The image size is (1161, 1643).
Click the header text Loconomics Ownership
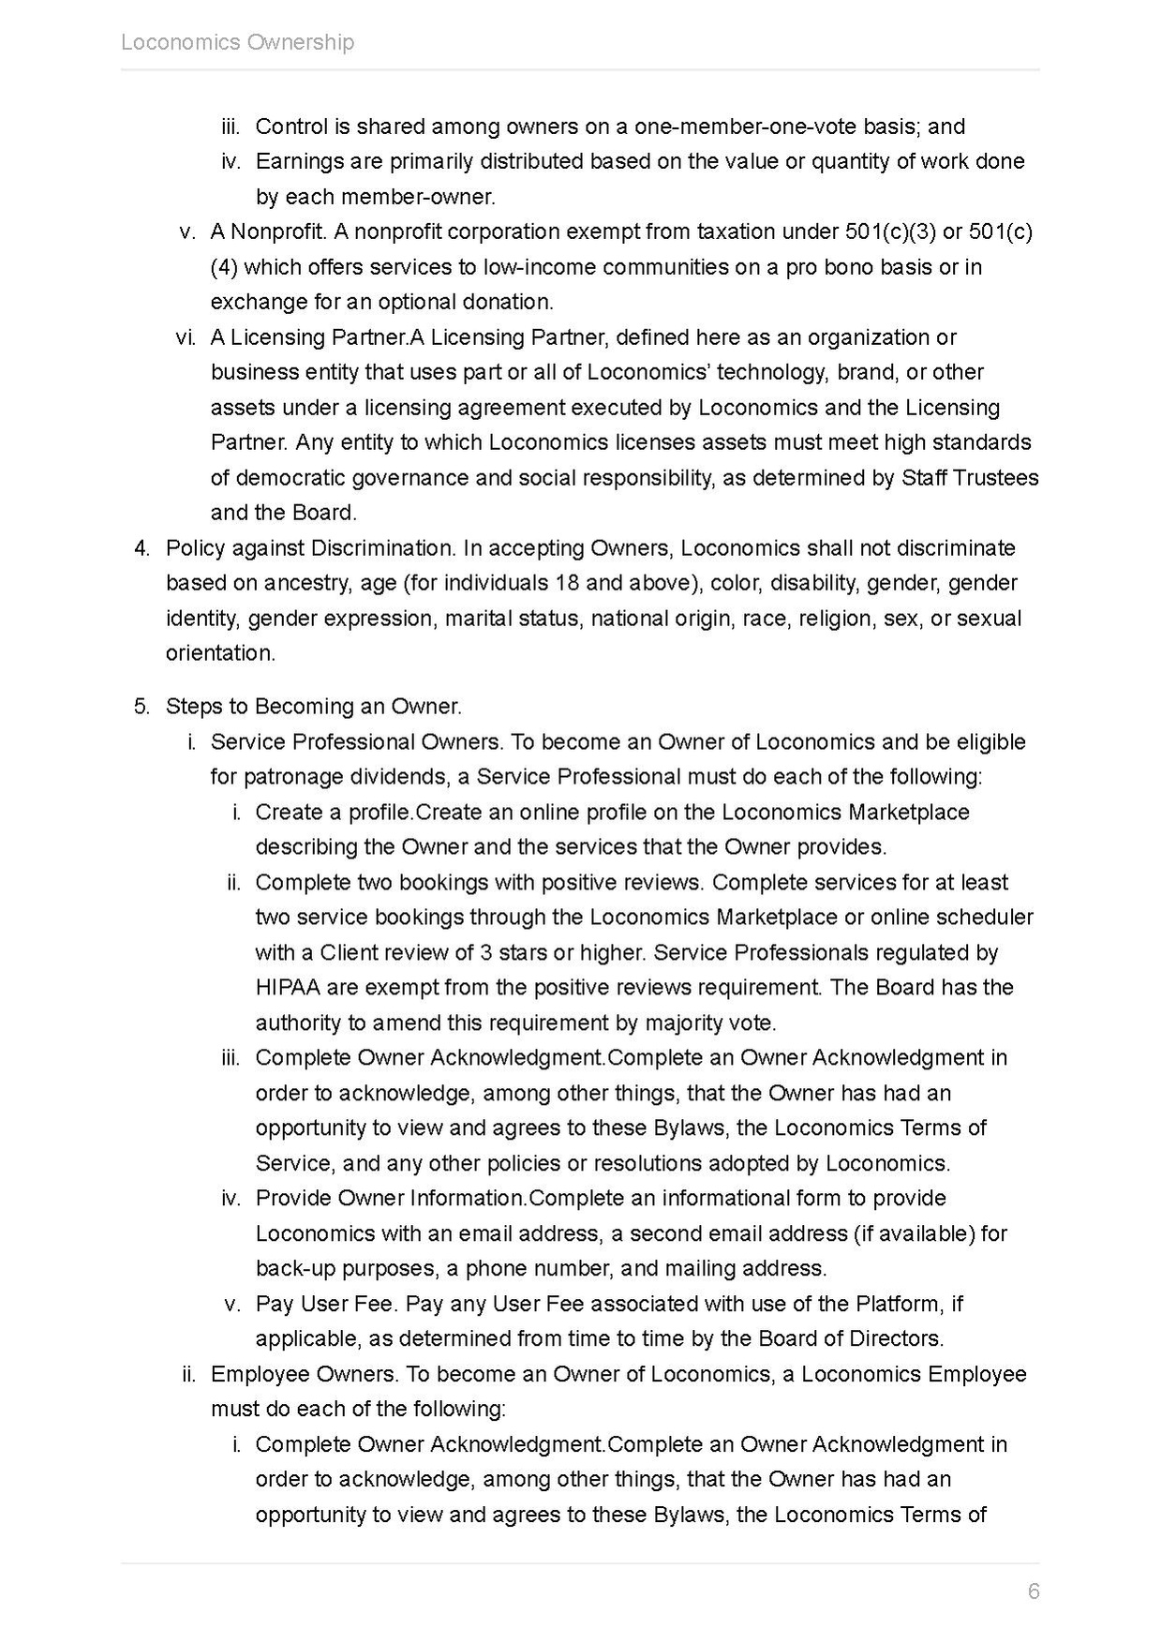237,42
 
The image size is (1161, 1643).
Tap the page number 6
1034,1591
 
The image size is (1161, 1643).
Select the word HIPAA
287,987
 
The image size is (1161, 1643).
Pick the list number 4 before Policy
141,548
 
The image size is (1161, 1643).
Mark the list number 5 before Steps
141,706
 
